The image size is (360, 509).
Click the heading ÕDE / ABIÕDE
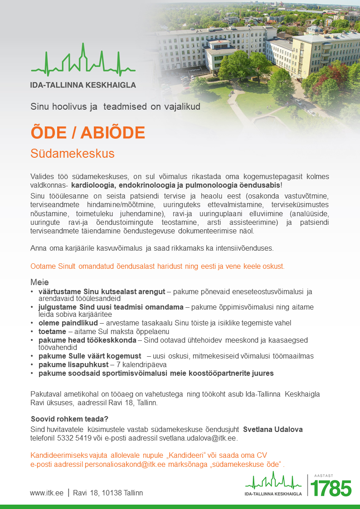click(88, 132)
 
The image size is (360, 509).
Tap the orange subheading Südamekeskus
click(73, 154)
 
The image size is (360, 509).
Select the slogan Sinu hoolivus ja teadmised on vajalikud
click(115, 107)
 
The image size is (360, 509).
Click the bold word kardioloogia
click(93, 186)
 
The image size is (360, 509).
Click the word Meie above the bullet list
click(39, 282)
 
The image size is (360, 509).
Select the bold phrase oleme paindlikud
click(68, 323)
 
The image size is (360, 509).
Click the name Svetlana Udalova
click(273, 429)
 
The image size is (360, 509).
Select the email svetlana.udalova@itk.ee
click(198, 438)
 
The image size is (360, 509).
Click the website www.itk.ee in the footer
click(47, 493)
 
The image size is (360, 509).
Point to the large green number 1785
click(331, 489)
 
